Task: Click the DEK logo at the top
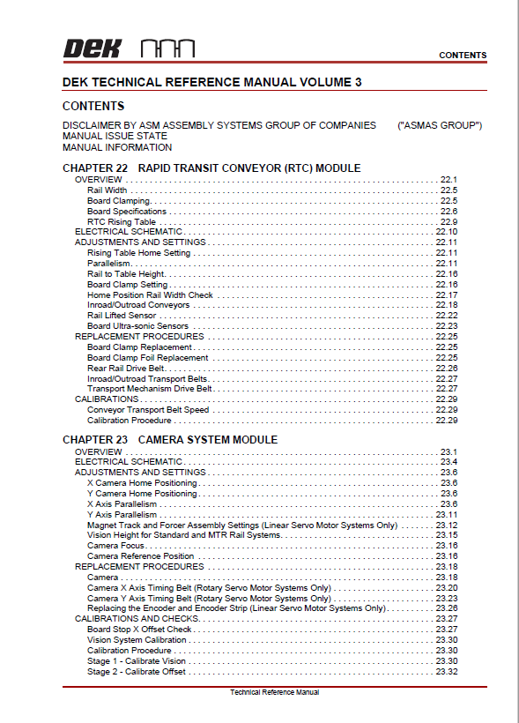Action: [92, 48]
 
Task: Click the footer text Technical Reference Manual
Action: [274, 692]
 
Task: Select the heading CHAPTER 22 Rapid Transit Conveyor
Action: [211, 168]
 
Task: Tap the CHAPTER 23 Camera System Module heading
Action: [170, 439]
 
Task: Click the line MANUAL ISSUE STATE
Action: [115, 137]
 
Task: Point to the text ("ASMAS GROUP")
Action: [440, 125]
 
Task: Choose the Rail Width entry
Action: [107, 190]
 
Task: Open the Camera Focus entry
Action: [115, 546]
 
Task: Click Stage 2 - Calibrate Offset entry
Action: [137, 672]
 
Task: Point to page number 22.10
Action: [447, 232]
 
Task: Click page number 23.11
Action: [447, 515]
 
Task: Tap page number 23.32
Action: [447, 672]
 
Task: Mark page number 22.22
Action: [447, 316]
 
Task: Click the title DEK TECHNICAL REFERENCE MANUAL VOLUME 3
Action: [212, 81]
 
